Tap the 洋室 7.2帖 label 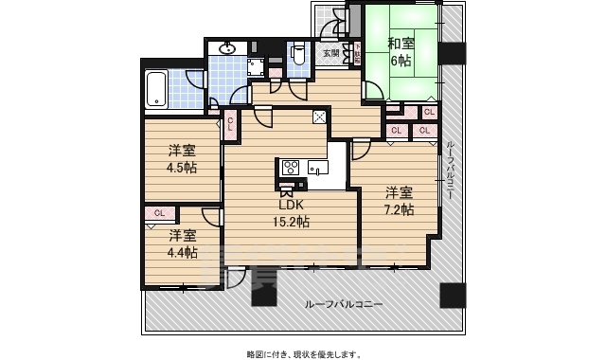[x=399, y=201]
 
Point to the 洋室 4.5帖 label [x=183, y=158]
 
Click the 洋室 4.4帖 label [x=183, y=243]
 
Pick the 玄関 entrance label [x=330, y=53]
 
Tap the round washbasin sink [x=227, y=48]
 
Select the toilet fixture [x=297, y=54]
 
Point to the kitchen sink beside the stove [x=315, y=171]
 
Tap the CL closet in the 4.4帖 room [x=159, y=213]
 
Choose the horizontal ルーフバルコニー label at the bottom [x=344, y=304]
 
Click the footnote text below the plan [x=303, y=352]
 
